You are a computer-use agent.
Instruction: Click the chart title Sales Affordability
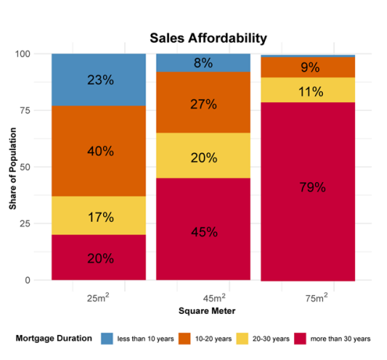(208, 38)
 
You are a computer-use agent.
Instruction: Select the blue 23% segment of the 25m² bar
(99, 80)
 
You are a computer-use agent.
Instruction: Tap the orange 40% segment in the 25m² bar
(99, 151)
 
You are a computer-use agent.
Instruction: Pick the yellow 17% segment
(99, 216)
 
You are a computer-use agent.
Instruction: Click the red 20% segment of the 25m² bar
(99, 258)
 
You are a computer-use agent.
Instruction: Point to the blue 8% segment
(203, 62)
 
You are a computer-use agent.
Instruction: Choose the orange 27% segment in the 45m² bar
(203, 102)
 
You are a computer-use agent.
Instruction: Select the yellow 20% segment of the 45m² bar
(203, 155)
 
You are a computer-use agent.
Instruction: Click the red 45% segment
(203, 230)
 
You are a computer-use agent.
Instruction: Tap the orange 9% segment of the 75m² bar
(308, 67)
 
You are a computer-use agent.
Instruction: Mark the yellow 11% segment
(308, 90)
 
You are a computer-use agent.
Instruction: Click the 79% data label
(313, 187)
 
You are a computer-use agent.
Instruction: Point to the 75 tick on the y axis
(25, 110)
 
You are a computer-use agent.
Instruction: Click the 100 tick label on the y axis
(23, 54)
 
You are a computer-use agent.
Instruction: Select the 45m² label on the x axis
(214, 298)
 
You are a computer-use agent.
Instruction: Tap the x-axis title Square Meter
(207, 311)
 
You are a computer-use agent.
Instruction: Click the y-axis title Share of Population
(13, 169)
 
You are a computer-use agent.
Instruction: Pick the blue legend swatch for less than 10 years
(107, 339)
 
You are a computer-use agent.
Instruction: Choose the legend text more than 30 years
(340, 339)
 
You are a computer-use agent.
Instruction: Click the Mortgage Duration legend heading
(54, 338)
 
